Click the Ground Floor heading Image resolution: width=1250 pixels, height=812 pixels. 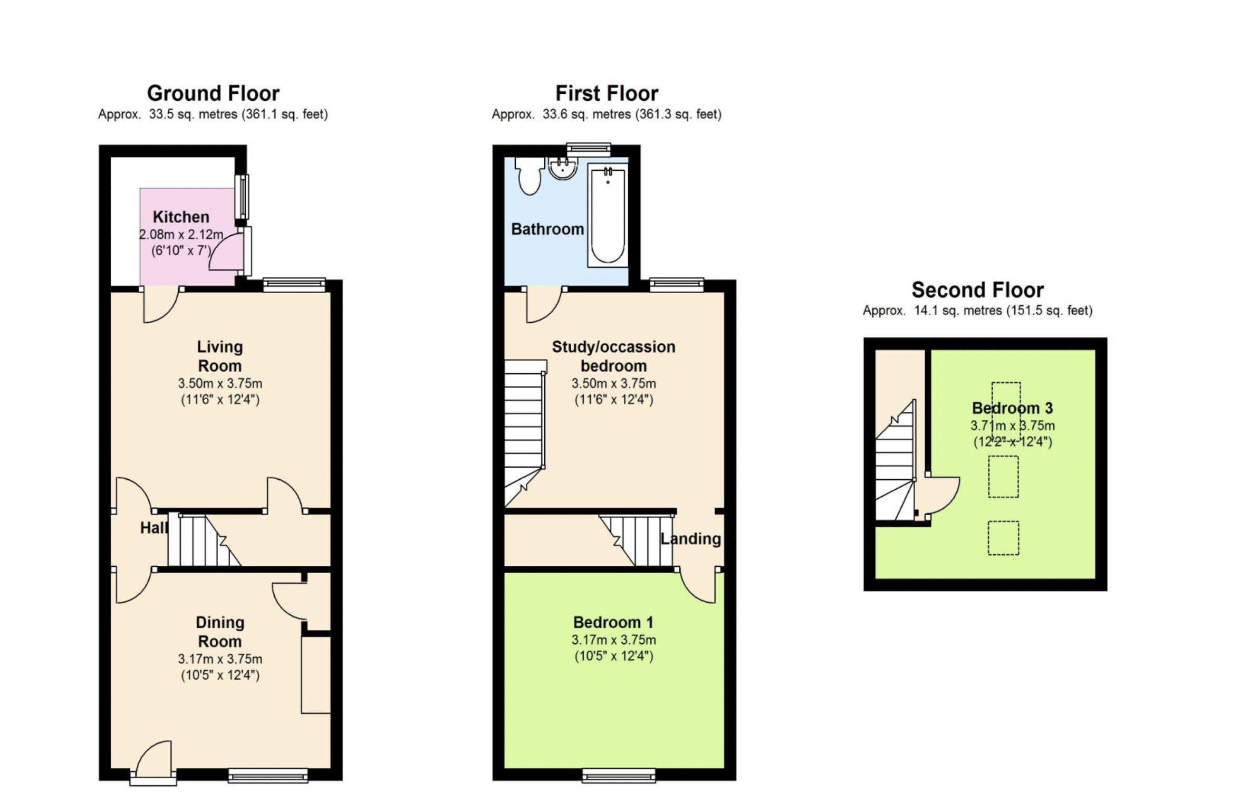[213, 93]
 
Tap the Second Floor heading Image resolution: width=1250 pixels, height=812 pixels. [977, 290]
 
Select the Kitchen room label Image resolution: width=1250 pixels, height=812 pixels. [181, 217]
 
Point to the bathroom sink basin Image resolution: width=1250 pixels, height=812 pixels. [563, 168]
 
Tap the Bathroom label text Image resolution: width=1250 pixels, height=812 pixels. [547, 229]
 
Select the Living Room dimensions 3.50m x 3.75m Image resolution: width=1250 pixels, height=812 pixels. [220, 383]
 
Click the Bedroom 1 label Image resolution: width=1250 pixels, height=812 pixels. [613, 622]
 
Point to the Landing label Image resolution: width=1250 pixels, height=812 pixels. [691, 538]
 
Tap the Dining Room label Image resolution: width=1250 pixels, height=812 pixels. [220, 632]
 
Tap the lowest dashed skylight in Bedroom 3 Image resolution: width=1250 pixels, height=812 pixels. [1003, 538]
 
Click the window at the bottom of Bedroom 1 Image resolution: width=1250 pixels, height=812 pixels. [619, 776]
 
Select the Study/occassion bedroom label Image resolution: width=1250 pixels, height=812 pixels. [613, 356]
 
